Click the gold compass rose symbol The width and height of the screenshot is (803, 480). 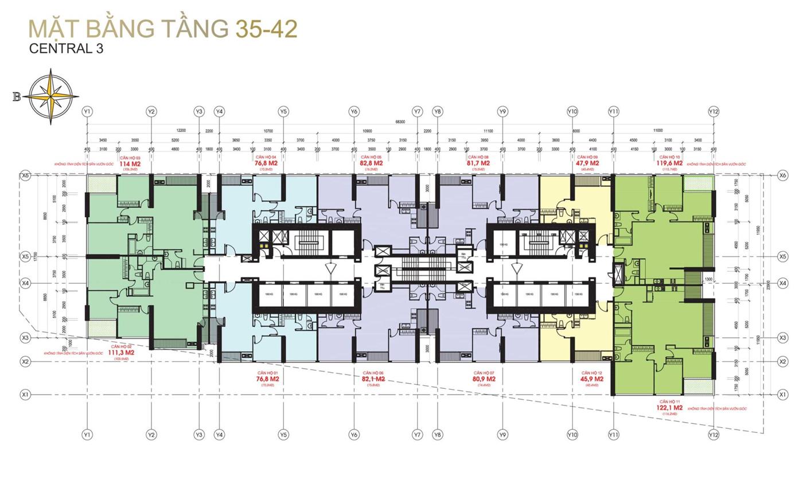point(54,96)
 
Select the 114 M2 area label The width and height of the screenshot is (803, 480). point(130,163)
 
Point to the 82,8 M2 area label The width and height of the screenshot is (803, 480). point(371,163)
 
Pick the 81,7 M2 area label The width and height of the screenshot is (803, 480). point(478,163)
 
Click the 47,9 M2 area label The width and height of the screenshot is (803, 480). point(588,163)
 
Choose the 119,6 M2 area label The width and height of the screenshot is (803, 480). point(670,163)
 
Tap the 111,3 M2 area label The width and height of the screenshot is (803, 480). point(121,353)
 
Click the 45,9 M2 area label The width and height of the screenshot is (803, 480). point(592,379)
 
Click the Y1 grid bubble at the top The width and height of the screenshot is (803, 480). point(87,111)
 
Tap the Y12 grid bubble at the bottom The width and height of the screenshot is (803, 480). point(714,435)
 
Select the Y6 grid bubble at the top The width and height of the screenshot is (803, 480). point(354,111)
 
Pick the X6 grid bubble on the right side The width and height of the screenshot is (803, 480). point(783,175)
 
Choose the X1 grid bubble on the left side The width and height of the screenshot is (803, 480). point(25,395)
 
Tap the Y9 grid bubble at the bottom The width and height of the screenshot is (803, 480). point(503,435)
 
